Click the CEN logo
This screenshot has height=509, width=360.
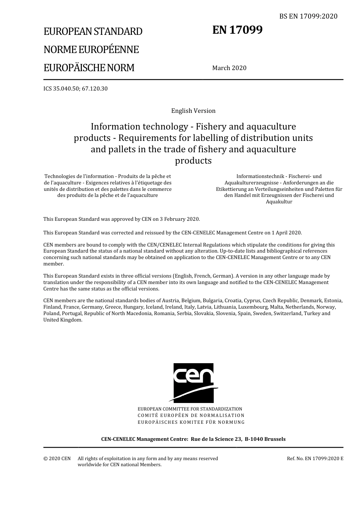tap(193, 383)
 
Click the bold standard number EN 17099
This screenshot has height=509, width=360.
tap(237, 30)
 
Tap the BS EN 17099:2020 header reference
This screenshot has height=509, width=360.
tap(308, 16)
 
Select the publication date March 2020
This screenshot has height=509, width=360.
tap(229, 68)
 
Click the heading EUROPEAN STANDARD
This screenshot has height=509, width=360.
tap(93, 31)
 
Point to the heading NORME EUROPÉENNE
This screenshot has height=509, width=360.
tap(91, 50)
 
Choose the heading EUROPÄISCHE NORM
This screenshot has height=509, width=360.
tap(89, 68)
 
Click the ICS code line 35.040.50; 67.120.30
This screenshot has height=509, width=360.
tap(75, 89)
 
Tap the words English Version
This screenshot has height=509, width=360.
tap(193, 111)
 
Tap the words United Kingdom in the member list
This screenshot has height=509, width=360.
tap(63, 320)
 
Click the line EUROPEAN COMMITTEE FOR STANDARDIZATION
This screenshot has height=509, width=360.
tap(190, 409)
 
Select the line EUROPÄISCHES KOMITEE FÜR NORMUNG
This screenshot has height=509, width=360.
tap(191, 422)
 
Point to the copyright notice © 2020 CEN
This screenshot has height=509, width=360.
tap(57, 459)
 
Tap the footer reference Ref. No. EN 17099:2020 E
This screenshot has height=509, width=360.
tap(315, 459)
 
